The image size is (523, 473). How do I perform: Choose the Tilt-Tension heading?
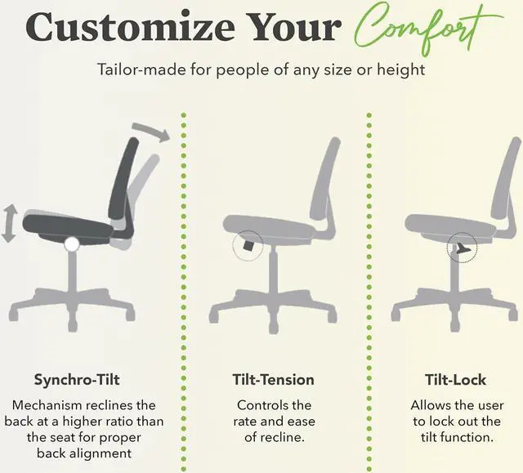point(274,380)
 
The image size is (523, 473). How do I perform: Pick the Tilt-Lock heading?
point(456,380)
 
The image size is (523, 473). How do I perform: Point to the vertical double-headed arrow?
point(9,223)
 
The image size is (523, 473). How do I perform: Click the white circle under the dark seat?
point(72,243)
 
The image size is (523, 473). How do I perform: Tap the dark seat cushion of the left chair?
point(65,221)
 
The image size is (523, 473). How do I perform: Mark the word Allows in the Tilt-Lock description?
point(431,405)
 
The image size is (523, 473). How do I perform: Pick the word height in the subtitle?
point(403,69)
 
